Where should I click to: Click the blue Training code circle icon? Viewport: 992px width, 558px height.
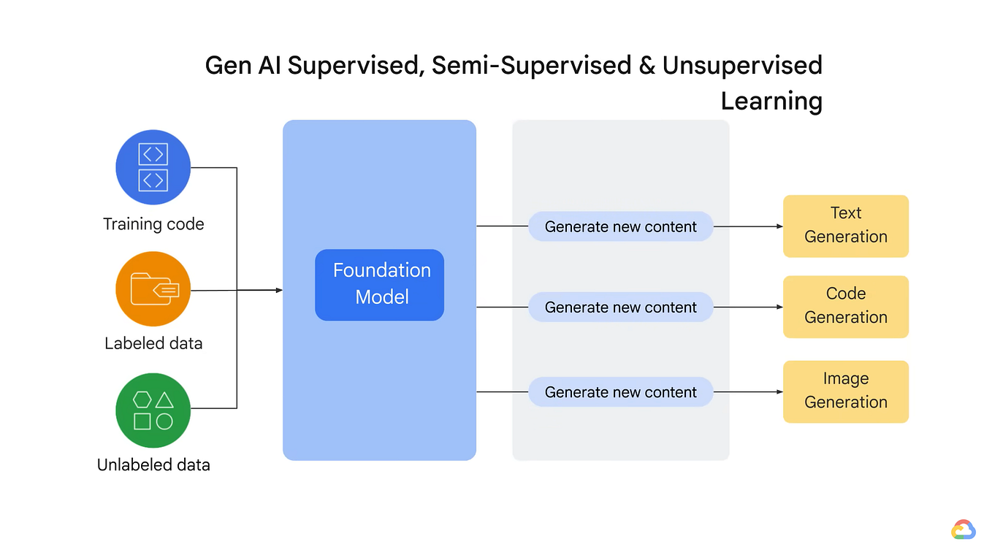tap(153, 167)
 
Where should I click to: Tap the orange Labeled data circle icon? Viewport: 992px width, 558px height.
tap(153, 289)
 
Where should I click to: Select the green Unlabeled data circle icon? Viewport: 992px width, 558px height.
tap(153, 410)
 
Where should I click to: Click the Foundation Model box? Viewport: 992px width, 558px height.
tap(379, 285)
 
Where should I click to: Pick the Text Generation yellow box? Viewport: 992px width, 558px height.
tap(845, 226)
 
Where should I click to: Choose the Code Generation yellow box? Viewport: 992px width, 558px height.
tap(845, 306)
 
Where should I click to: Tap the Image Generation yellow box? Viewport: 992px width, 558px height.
tap(845, 391)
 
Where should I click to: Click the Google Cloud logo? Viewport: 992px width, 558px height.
tap(963, 530)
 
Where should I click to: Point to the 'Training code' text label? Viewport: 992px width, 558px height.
tap(153, 224)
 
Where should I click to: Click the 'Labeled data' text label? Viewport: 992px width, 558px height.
tap(153, 343)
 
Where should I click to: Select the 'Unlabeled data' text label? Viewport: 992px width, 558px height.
tap(153, 465)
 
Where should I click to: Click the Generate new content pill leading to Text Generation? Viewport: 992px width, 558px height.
tap(620, 226)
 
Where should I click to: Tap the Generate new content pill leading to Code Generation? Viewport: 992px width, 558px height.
tap(620, 307)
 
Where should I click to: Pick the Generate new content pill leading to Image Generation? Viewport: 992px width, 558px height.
tap(620, 392)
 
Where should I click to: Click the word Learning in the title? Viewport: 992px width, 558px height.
tap(771, 101)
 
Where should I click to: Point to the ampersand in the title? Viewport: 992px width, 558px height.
tap(646, 66)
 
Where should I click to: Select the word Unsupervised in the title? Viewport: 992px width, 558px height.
tap(742, 66)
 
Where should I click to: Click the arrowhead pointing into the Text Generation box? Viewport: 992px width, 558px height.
tap(779, 226)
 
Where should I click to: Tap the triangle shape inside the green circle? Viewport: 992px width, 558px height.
tap(164, 400)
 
